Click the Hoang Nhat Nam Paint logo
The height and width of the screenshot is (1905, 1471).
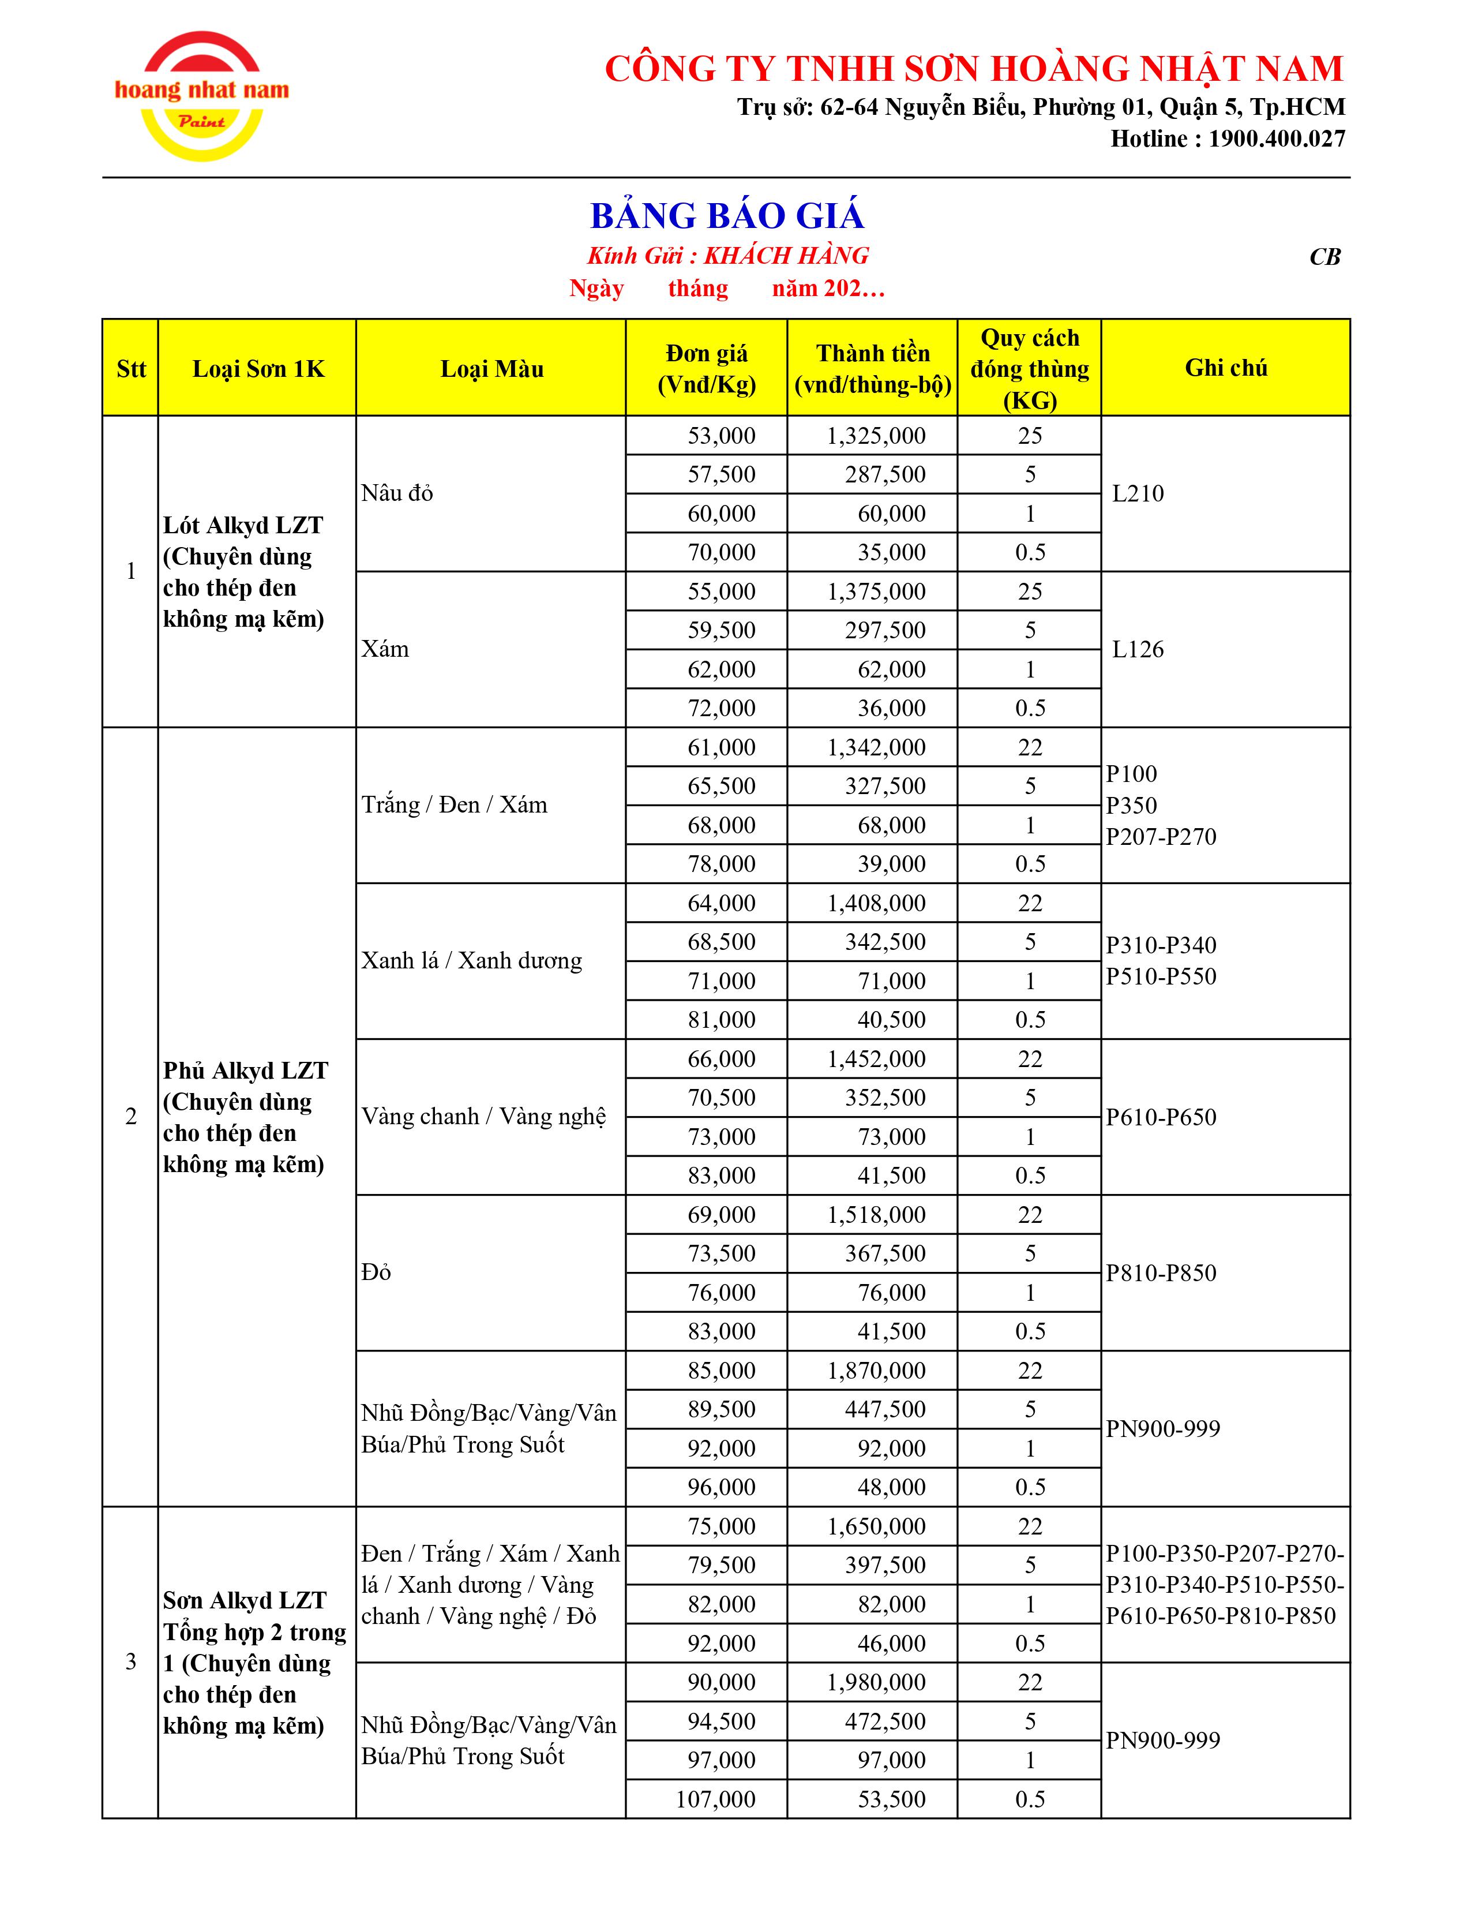[x=201, y=96]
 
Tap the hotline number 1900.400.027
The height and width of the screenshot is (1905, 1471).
[x=1277, y=139]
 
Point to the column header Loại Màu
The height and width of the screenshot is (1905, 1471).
[x=492, y=369]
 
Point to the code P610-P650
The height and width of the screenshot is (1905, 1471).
[x=1161, y=1117]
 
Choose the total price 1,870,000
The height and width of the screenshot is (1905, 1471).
[x=876, y=1370]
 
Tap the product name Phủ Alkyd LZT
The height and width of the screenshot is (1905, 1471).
[x=245, y=1071]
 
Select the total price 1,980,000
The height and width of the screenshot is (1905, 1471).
[x=876, y=1682]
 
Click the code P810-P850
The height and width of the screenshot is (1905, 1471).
[x=1161, y=1273]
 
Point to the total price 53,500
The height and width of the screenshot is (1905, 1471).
[x=891, y=1799]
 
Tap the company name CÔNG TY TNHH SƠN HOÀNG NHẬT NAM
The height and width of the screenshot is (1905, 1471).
[x=974, y=69]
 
